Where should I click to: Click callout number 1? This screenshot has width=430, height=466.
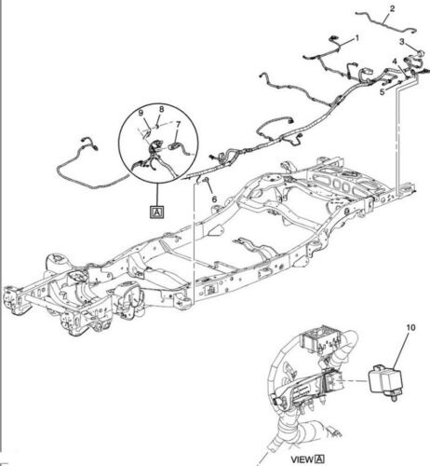(x=357, y=38)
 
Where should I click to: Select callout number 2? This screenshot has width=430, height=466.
(x=392, y=8)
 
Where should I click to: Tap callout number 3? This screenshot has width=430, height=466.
(x=402, y=41)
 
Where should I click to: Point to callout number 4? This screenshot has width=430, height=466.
(x=395, y=62)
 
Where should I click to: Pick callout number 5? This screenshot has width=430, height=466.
(x=383, y=91)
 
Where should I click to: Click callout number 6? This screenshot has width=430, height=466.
(x=214, y=199)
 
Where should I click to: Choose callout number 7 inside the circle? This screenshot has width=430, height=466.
(x=178, y=125)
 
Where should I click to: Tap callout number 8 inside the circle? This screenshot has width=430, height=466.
(x=162, y=109)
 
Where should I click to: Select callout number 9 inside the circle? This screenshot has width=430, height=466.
(x=141, y=113)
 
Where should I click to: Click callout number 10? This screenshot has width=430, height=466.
(x=410, y=327)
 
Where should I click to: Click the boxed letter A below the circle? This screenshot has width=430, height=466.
(x=157, y=212)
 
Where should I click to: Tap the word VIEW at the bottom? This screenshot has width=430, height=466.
(x=302, y=459)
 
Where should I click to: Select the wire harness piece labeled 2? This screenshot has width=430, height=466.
(x=384, y=22)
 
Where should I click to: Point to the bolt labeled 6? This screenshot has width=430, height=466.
(x=204, y=179)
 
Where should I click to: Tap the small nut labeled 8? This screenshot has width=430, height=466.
(x=157, y=126)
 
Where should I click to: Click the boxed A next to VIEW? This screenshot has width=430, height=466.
(x=319, y=459)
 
